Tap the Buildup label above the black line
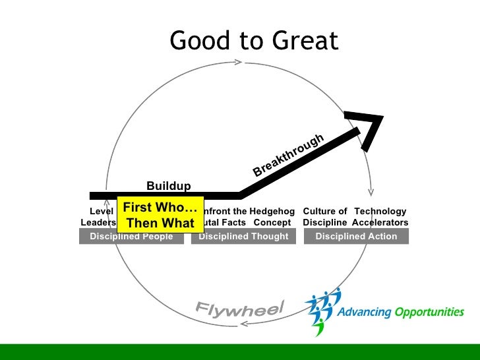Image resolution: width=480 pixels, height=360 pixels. point(168,186)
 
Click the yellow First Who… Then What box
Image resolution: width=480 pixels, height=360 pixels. point(160,215)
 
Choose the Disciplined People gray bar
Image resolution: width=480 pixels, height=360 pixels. point(131,236)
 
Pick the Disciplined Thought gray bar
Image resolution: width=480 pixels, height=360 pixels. point(243,236)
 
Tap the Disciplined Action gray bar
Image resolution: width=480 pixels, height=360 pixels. point(356,236)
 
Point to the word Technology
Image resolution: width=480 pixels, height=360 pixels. point(380,211)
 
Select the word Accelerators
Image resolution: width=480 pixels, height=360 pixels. point(380,223)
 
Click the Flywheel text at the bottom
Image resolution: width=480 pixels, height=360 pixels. point(239,308)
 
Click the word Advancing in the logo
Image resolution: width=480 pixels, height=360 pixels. point(364,312)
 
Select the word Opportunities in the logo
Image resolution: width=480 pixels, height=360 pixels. point(429,312)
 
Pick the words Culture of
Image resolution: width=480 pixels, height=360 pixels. point(324,211)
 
